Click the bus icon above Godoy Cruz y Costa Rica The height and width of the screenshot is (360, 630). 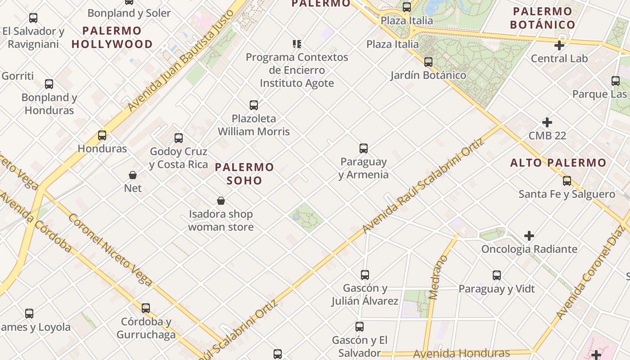pyautogui.click(x=179, y=138)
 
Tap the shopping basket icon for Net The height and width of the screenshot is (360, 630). pyautogui.click(x=133, y=175)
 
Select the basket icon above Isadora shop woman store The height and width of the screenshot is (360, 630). pyautogui.click(x=221, y=201)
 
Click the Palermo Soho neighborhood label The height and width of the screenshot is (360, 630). pyautogui.click(x=244, y=174)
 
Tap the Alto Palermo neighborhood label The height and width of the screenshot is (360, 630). pyautogui.click(x=558, y=162)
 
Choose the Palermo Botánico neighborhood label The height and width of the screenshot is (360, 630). pyautogui.click(x=543, y=18)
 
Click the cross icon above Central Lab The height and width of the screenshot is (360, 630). pyautogui.click(x=559, y=45)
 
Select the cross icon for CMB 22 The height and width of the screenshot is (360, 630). pyautogui.click(x=547, y=122)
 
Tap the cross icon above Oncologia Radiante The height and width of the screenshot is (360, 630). pyautogui.click(x=529, y=236)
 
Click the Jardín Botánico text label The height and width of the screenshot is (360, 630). pyautogui.click(x=428, y=75)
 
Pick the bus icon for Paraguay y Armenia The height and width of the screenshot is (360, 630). pyautogui.click(x=364, y=148)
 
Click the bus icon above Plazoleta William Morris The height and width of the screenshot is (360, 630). pyautogui.click(x=254, y=105)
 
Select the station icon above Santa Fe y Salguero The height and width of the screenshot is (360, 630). pyautogui.click(x=567, y=181)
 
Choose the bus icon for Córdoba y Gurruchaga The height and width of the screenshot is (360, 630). pyautogui.click(x=146, y=308)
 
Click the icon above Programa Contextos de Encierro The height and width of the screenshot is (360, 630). pyautogui.click(x=297, y=44)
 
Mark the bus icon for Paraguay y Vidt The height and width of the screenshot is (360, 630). pyautogui.click(x=497, y=275)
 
